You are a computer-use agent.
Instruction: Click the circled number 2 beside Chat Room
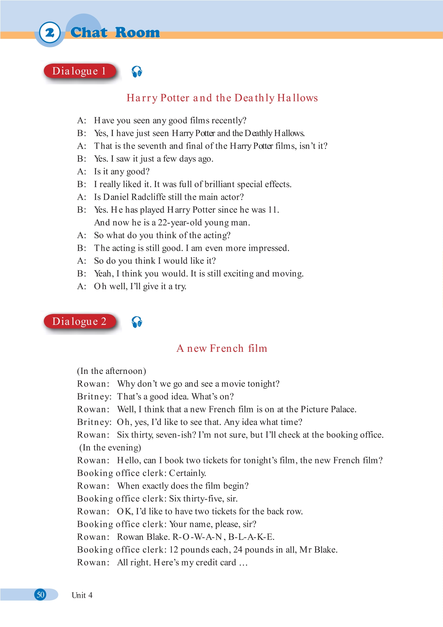[50, 33]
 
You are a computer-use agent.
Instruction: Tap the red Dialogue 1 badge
[79, 71]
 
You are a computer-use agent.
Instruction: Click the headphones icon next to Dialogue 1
[137, 72]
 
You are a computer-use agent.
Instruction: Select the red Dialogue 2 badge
[79, 321]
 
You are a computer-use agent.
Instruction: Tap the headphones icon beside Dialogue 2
[137, 322]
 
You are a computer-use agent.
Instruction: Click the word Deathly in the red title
[254, 98]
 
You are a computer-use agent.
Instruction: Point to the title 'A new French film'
[222, 348]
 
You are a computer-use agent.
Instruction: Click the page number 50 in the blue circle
[40, 595]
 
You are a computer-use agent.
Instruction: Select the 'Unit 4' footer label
[82, 595]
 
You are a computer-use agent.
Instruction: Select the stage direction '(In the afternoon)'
[112, 371]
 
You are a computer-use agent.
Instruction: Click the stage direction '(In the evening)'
[110, 448]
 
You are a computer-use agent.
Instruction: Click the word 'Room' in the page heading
[137, 33]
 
